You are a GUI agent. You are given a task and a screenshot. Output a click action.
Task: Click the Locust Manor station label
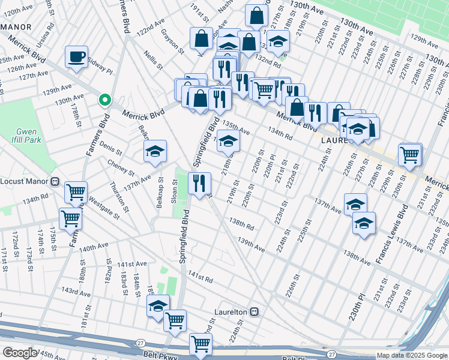click(x=29, y=181)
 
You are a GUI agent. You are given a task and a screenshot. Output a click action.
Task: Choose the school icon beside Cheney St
click(x=155, y=151)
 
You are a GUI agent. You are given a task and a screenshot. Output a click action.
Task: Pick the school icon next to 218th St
click(x=228, y=142)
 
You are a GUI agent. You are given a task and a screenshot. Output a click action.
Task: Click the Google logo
click(x=19, y=353)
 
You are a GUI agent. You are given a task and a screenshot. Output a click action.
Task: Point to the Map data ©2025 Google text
click(x=412, y=355)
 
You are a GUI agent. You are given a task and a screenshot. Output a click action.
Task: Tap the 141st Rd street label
click(x=200, y=277)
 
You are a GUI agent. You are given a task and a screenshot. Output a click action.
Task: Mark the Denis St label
click(x=110, y=146)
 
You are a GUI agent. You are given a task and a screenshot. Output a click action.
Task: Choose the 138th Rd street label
click(x=241, y=226)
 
